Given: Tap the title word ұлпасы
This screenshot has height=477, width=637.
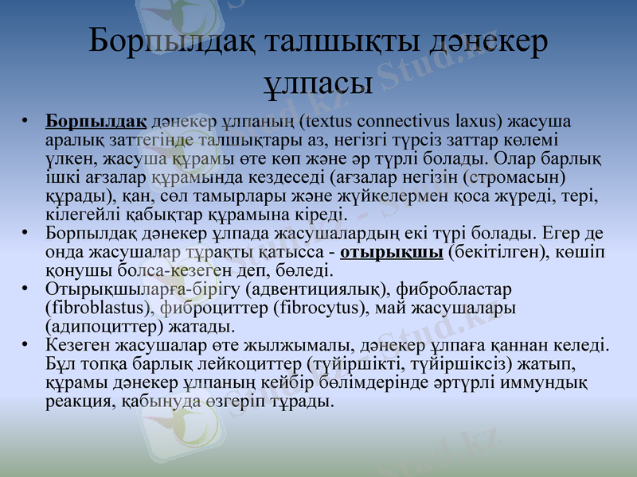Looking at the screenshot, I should click(318, 82).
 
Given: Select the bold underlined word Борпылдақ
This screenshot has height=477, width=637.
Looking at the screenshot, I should click(96, 122).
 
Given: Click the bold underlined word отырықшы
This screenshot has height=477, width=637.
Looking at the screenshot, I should click(391, 252).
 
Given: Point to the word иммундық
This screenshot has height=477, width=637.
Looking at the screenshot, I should click(552, 382).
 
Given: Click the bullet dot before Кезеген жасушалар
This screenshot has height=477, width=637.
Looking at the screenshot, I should click(26, 344).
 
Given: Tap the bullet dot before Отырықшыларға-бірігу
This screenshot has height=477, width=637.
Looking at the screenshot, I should click(26, 288).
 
